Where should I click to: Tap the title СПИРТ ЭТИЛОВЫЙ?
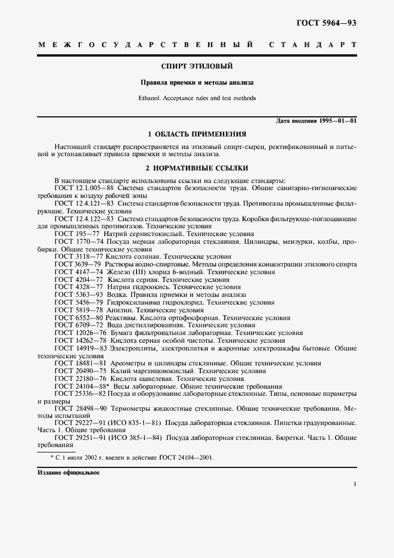point(197,66)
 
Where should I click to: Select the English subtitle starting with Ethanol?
point(197,98)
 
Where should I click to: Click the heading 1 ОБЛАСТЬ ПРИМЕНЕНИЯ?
point(197,134)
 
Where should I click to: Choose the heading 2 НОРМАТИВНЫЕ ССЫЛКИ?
point(197,168)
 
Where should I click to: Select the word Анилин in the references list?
point(119,310)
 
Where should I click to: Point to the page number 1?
point(354,485)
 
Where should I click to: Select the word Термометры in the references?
point(131,408)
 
